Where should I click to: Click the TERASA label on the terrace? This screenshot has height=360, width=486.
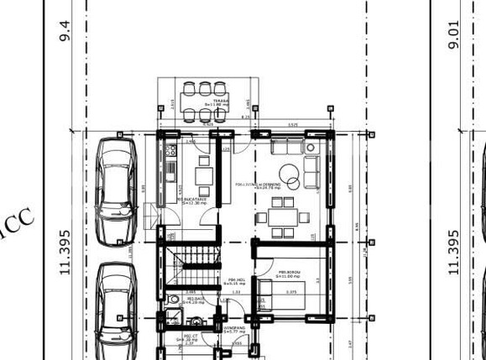click(x=221, y=100)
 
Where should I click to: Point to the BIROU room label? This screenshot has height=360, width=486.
click(x=290, y=272)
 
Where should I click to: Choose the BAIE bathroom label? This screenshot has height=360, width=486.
click(x=195, y=298)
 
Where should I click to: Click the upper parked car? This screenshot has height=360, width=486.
click(x=117, y=190)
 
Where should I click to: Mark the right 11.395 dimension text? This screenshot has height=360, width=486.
click(x=454, y=253)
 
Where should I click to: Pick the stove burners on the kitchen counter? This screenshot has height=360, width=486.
click(x=171, y=151)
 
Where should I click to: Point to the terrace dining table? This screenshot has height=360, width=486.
click(x=205, y=101)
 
